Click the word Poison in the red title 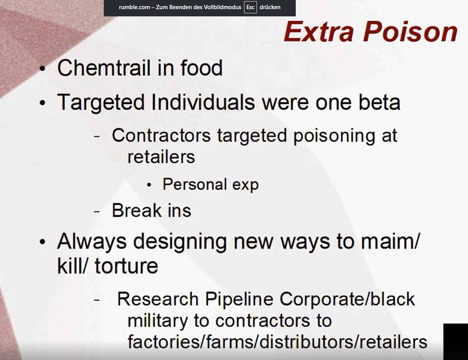click(411, 32)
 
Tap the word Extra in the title click(319, 32)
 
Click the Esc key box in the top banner click(250, 7)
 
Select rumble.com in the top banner click(134, 7)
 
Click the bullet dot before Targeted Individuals click(43, 103)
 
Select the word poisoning click(334, 136)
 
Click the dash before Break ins click(97, 211)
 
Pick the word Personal click(195, 185)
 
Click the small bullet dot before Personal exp click(149, 185)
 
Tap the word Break click(136, 210)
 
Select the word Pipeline click(239, 299)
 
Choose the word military click(158, 321)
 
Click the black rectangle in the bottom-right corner click(456, 342)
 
